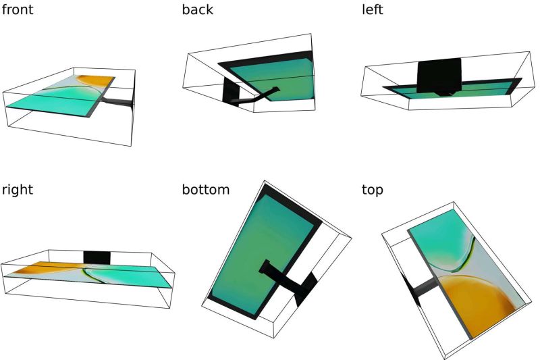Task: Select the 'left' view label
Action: point(373,10)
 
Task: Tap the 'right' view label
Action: point(17,190)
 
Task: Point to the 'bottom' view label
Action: point(206,190)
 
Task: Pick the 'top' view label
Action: point(373,190)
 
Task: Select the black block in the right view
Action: point(97,257)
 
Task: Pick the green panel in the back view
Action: point(283,78)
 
